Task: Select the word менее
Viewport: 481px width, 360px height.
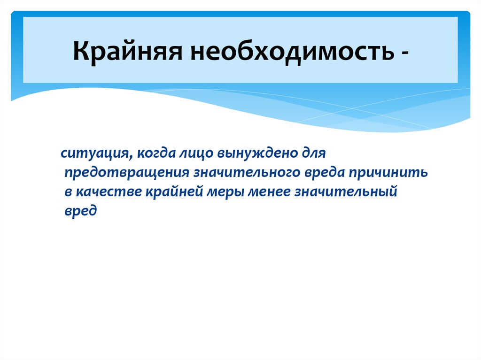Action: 265,192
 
